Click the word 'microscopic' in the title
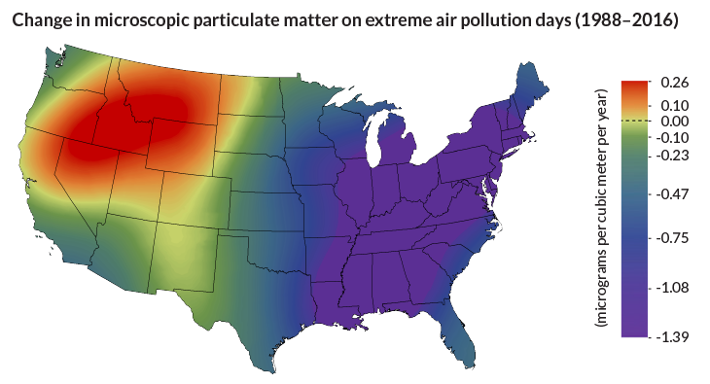[x=131, y=20]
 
